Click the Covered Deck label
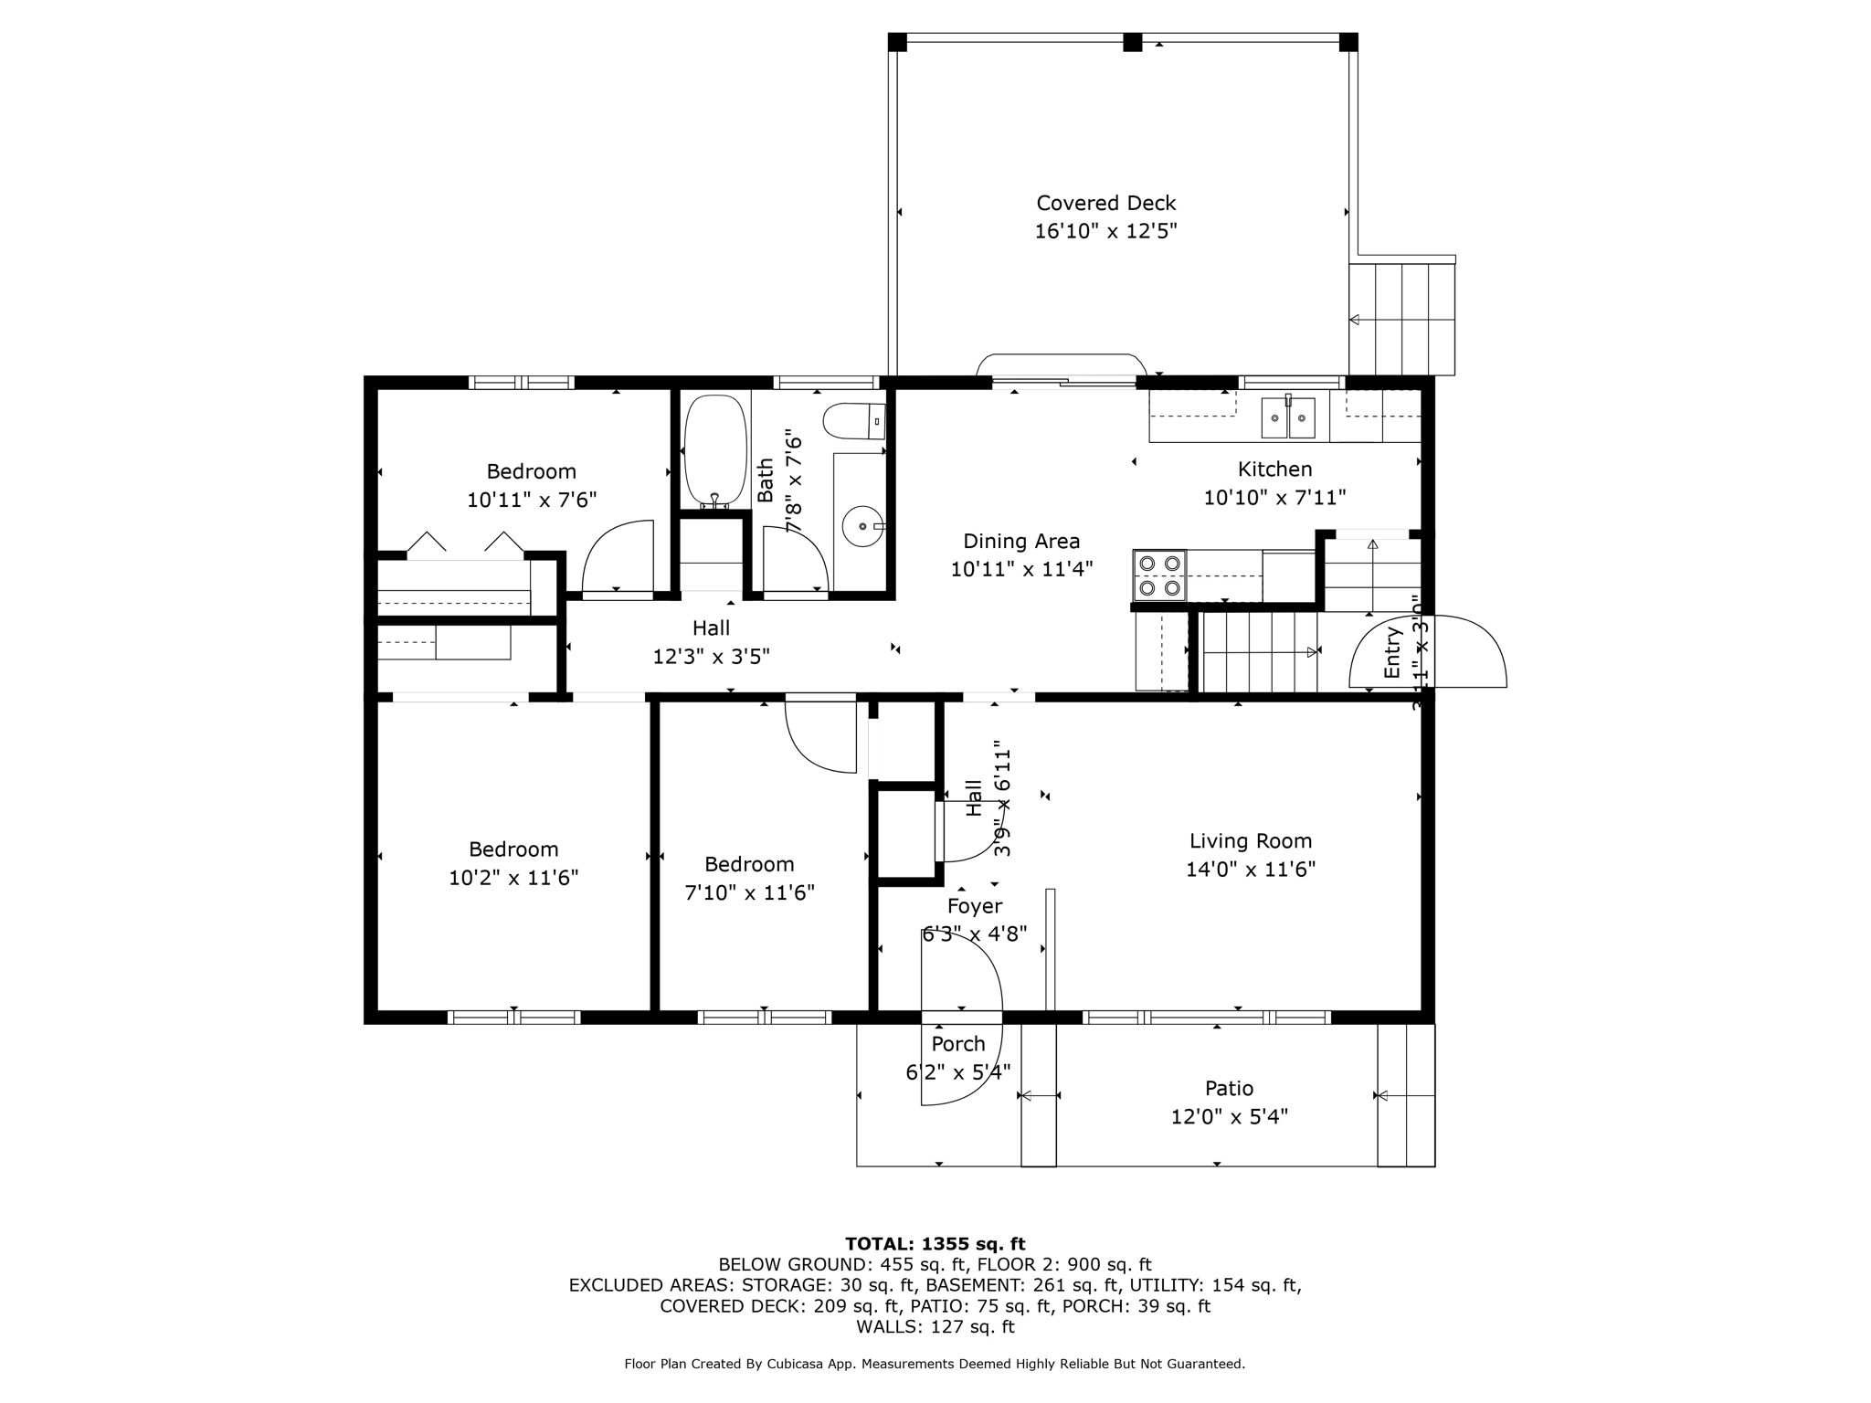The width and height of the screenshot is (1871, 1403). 1105,203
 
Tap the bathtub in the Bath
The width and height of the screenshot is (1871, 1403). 715,449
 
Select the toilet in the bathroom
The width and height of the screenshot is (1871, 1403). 854,421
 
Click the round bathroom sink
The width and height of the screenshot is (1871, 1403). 862,527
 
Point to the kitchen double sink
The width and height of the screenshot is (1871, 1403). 1288,418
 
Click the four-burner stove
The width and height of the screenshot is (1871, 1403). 1159,575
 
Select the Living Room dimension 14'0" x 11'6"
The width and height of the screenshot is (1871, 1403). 1250,869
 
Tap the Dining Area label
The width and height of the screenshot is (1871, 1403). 1020,541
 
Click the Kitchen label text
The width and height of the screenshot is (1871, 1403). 1274,469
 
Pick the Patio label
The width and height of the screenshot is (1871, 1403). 1229,1088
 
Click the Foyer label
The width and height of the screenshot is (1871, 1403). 974,906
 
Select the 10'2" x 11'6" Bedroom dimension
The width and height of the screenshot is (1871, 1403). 513,878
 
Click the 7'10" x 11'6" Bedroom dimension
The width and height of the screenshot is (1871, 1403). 749,892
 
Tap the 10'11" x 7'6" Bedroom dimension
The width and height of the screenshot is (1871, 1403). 531,501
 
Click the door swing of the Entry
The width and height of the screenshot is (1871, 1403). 1462,650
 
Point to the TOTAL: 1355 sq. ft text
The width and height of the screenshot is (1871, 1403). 935,1243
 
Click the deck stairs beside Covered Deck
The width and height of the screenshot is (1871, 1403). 1401,319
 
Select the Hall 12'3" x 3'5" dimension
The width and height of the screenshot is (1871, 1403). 711,657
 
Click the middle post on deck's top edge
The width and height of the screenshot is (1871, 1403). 1132,42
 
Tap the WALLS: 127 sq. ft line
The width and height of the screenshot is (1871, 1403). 935,1326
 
